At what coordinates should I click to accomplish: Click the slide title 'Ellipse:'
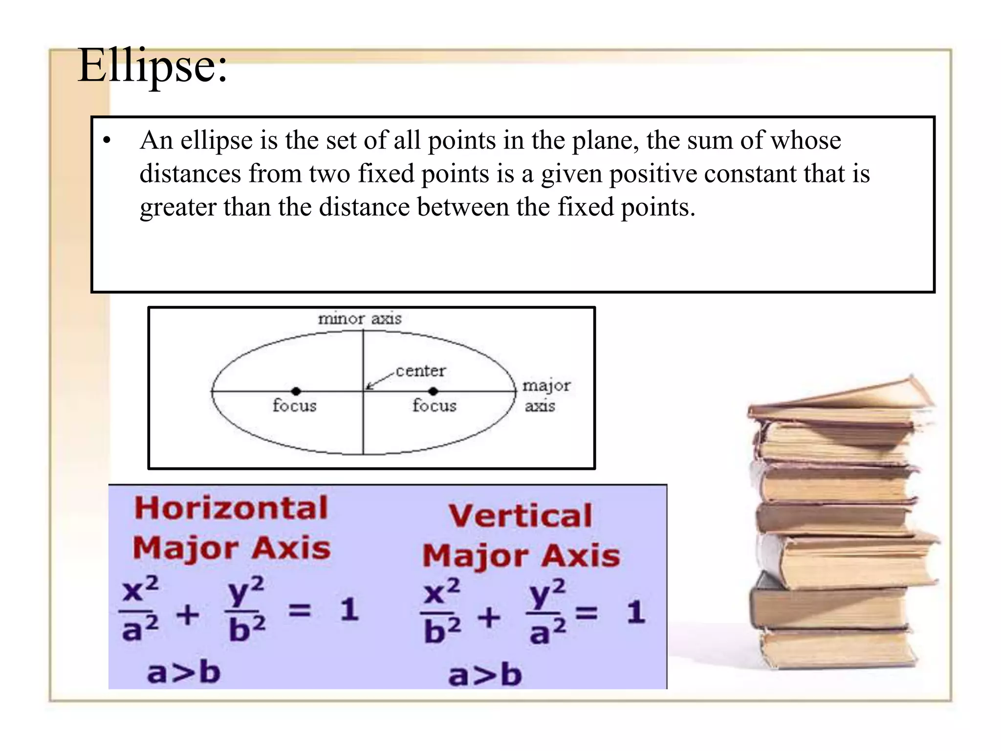(x=152, y=66)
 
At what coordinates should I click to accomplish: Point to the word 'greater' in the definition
(x=178, y=207)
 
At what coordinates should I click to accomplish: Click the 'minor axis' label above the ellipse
(x=360, y=319)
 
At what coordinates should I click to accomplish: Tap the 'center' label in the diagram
(x=420, y=371)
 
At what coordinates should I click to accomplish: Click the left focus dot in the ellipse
(x=296, y=391)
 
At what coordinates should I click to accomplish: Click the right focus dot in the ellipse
(x=433, y=391)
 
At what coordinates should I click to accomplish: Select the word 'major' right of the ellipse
(x=546, y=386)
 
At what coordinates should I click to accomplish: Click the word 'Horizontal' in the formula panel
(x=231, y=508)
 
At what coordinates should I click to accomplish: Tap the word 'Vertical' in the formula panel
(x=521, y=515)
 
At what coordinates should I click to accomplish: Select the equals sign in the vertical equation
(x=587, y=612)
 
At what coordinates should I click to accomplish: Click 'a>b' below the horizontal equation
(x=183, y=673)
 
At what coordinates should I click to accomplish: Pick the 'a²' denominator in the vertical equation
(x=547, y=632)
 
